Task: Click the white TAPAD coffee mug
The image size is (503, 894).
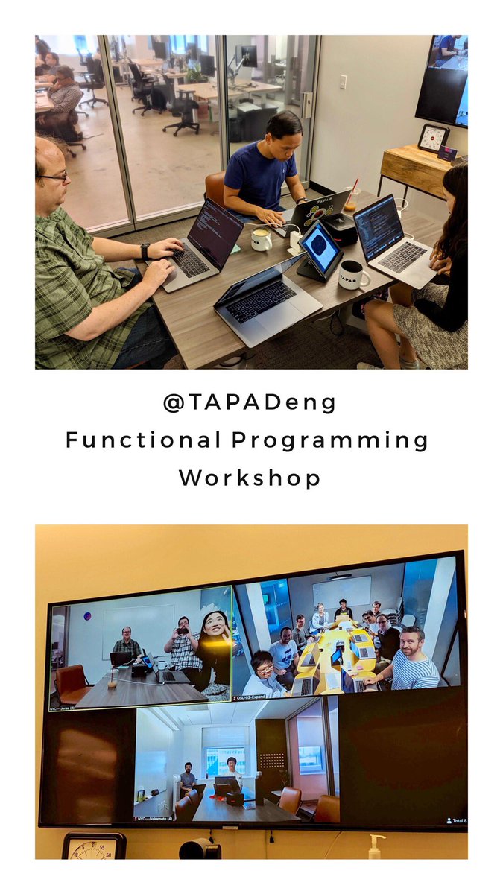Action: click(353, 276)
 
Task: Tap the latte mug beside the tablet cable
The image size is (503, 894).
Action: click(261, 239)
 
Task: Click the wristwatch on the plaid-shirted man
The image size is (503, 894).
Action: click(145, 251)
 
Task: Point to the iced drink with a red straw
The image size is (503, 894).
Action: click(350, 200)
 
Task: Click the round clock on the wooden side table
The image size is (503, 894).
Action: click(433, 138)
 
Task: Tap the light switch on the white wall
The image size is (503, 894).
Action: click(344, 82)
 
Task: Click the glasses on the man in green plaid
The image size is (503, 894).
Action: click(55, 177)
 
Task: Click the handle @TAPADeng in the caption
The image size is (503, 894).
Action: click(250, 403)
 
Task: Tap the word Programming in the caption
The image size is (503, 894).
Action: click(329, 440)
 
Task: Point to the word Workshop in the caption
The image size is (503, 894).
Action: click(250, 478)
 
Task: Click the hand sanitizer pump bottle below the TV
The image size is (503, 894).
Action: click(376, 846)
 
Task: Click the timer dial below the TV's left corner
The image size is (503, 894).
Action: click(93, 846)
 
